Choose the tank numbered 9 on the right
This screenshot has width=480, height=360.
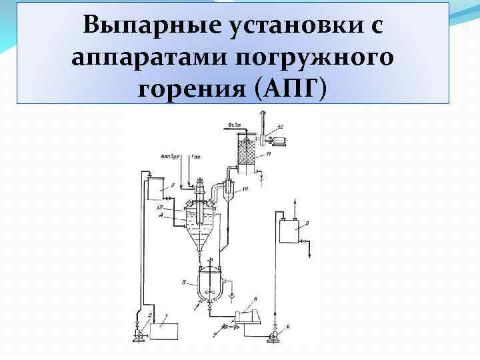289,234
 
